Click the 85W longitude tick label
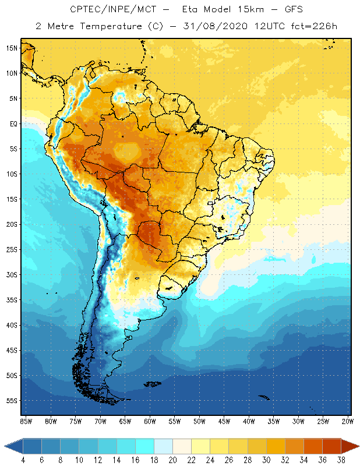pyautogui.click(x=26, y=421)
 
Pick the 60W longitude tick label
pyautogui.click(x=150, y=421)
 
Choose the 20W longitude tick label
pyautogui.click(x=348, y=421)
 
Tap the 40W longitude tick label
pyautogui.click(x=249, y=421)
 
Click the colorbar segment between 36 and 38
pyautogui.click(x=331, y=446)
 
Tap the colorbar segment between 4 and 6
pyautogui.click(x=32, y=446)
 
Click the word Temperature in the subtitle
pyautogui.click(x=110, y=26)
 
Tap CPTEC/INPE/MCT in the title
pyautogui.click(x=104, y=10)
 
